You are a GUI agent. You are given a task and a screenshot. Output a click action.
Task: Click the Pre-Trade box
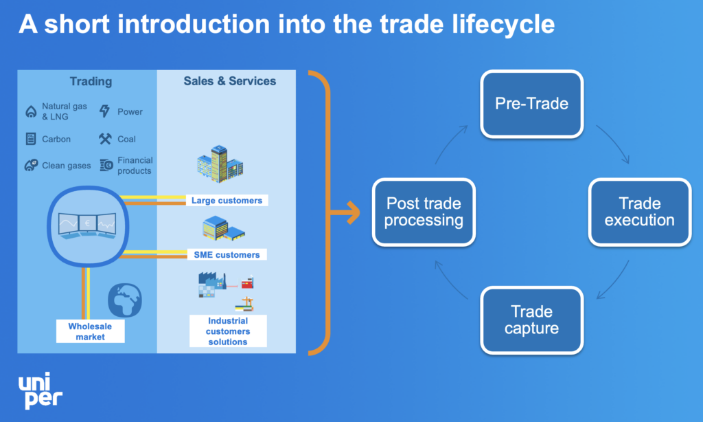(x=531, y=104)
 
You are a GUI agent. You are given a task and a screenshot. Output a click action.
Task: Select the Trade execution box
(x=639, y=212)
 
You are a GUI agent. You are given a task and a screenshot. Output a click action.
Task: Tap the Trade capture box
(x=531, y=320)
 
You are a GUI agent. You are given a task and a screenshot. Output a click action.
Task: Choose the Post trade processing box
(x=424, y=212)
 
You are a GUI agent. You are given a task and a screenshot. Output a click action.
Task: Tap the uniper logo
(x=41, y=390)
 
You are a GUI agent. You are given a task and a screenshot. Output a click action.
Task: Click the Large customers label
(x=227, y=201)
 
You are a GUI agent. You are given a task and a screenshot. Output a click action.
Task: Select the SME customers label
(x=227, y=254)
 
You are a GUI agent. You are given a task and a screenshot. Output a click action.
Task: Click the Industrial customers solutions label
(x=227, y=331)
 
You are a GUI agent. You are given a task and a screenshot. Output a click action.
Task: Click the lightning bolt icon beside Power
(x=104, y=111)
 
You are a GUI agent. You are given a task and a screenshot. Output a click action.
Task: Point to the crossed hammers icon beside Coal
(x=104, y=139)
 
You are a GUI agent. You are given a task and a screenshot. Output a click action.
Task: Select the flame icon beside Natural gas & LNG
(x=30, y=111)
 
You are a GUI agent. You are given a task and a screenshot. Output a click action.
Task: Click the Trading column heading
(x=91, y=81)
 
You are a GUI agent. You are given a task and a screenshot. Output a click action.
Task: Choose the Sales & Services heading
(x=229, y=81)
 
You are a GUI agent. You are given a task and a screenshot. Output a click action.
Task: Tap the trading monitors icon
(x=87, y=223)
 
